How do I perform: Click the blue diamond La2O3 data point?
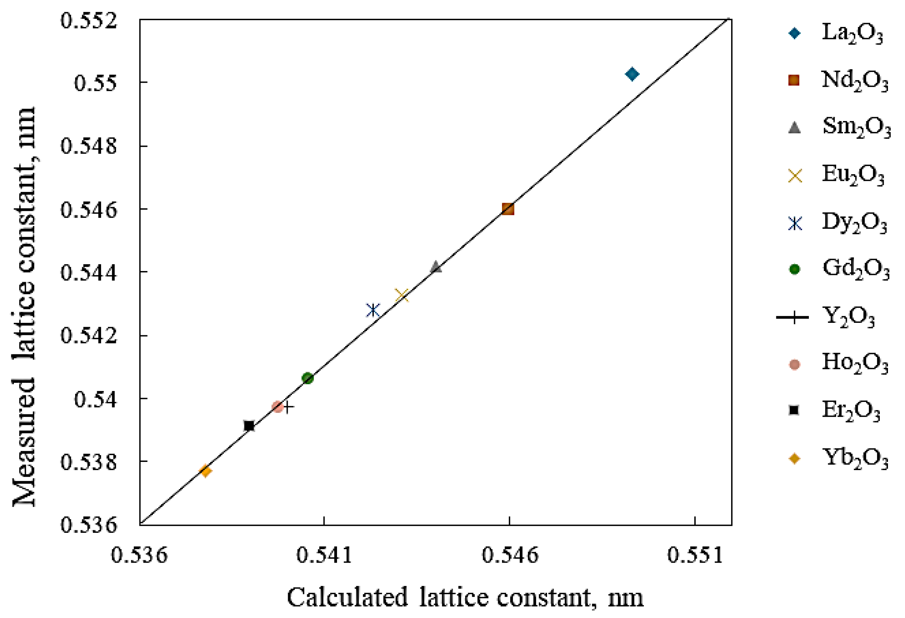pyautogui.click(x=632, y=73)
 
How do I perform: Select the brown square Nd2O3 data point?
pyautogui.click(x=508, y=209)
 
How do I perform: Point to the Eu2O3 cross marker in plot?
pyautogui.click(x=402, y=296)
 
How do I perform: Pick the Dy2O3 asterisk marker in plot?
pyautogui.click(x=373, y=310)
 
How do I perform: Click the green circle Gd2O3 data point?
pyautogui.click(x=308, y=378)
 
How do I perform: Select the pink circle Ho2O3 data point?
pyautogui.click(x=278, y=407)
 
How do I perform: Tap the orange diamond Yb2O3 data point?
pyautogui.click(x=206, y=471)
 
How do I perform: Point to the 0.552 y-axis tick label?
pyautogui.click(x=88, y=20)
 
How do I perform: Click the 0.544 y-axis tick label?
pyautogui.click(x=88, y=272)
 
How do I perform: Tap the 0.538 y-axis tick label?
pyautogui.click(x=88, y=462)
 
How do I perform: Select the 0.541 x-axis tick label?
pyautogui.click(x=324, y=555)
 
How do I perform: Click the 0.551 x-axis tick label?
pyautogui.click(x=695, y=555)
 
